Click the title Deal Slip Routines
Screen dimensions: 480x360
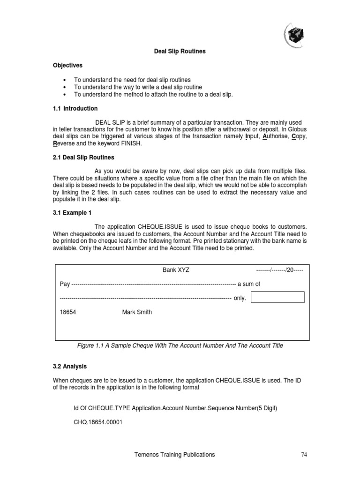[180, 51]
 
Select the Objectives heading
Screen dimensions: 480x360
[67, 66]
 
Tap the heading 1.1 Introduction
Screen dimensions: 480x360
[75, 108]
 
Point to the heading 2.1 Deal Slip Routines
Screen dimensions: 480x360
[83, 157]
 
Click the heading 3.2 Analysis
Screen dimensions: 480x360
[70, 366]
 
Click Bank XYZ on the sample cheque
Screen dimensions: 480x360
[176, 270]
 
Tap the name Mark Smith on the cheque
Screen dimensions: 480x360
[137, 312]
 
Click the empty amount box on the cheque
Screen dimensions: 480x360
[278, 297]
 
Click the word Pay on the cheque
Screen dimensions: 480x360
[65, 284]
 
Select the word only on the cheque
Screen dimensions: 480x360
[240, 298]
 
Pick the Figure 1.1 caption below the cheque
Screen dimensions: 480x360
[180, 345]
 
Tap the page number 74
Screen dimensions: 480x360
[304, 455]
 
